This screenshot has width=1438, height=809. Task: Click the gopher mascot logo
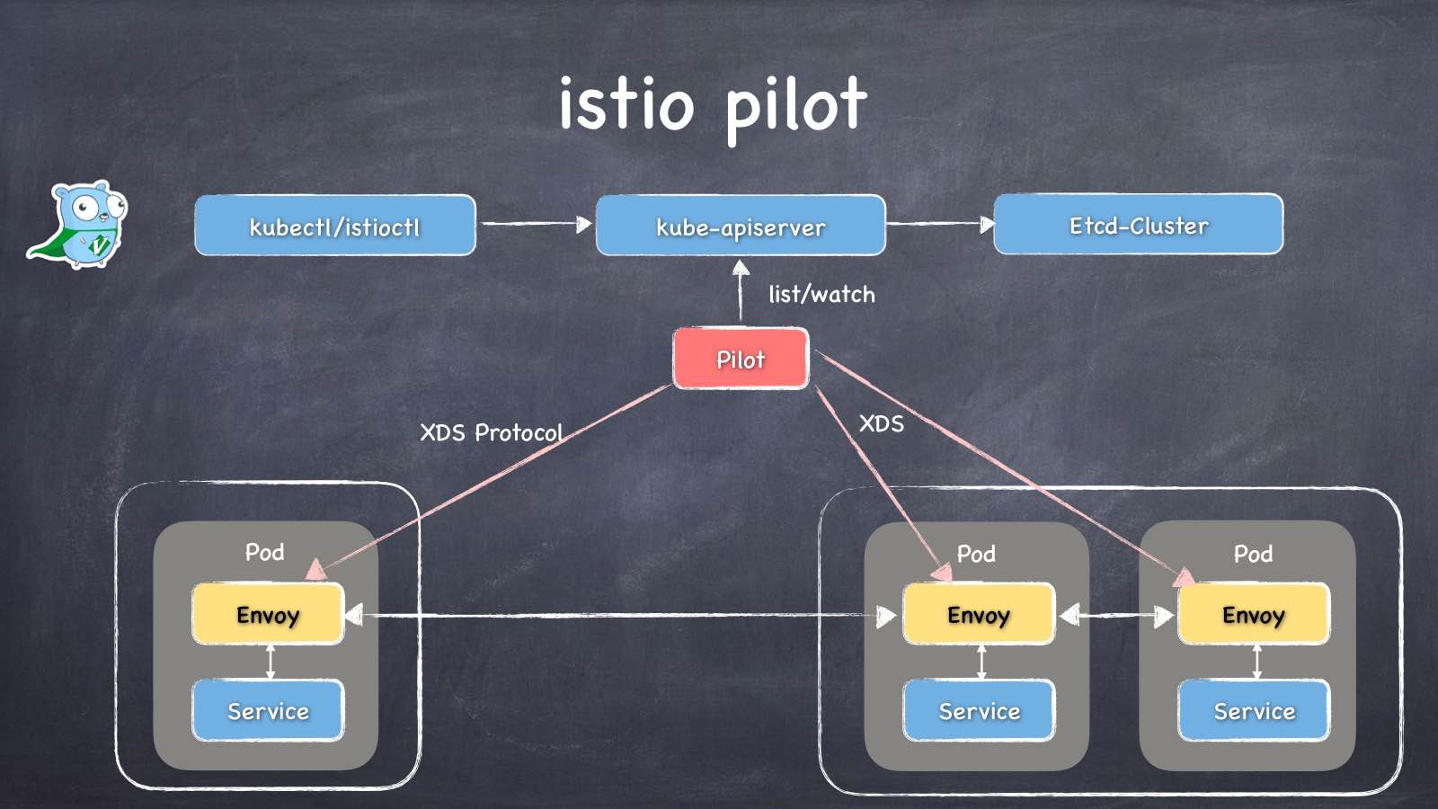(79, 225)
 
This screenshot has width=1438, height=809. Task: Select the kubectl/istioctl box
(335, 226)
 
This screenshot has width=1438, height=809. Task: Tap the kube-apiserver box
(741, 226)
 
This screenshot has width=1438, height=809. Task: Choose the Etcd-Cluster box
(1139, 225)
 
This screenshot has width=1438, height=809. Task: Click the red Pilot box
(741, 359)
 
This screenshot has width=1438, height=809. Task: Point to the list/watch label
(821, 294)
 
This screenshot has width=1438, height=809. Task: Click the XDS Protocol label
(491, 432)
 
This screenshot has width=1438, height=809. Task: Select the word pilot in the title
(795, 106)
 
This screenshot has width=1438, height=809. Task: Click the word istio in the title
(626, 104)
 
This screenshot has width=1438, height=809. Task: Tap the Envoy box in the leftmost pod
(268, 614)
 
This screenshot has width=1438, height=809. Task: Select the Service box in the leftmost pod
(268, 711)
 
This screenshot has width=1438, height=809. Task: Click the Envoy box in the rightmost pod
(1254, 614)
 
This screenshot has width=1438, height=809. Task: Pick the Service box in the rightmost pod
(1254, 711)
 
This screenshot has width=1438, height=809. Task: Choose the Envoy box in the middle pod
(979, 614)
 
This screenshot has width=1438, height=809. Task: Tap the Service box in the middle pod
(979, 711)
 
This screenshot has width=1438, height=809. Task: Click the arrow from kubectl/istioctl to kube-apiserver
(536, 224)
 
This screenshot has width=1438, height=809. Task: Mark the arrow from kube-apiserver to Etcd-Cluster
(940, 224)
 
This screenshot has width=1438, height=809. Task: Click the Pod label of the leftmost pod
(264, 552)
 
